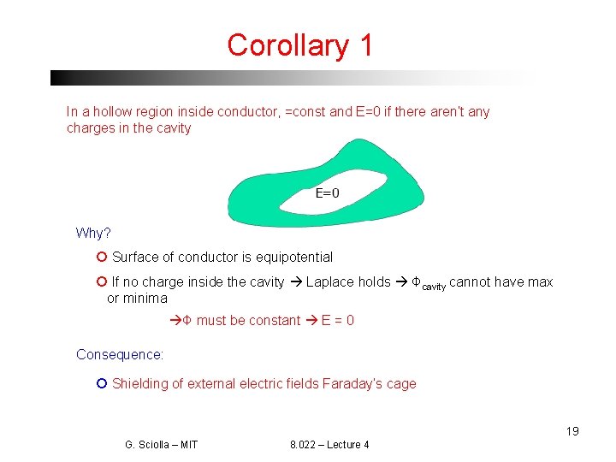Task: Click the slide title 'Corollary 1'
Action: pos(299,44)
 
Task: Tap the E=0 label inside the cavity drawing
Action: pos(327,193)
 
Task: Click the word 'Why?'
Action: pos(93,234)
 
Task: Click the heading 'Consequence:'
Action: pos(120,354)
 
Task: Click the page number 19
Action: pos(572,431)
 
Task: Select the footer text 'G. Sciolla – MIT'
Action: pos(161,445)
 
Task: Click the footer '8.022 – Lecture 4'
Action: pos(329,445)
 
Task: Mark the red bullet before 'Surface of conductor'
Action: pos(101,257)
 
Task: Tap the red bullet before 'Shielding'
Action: pos(101,383)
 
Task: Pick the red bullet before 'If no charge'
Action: pos(101,281)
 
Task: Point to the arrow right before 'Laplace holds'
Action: pos(295,281)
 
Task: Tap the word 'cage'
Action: pos(401,383)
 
